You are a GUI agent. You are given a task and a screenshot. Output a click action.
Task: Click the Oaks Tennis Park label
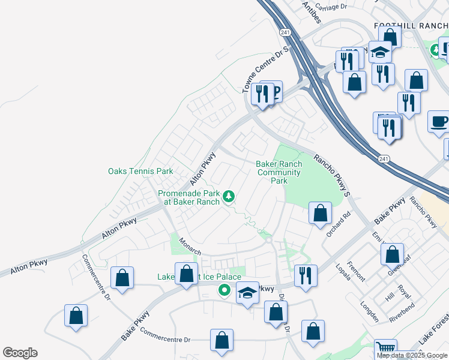(140, 171)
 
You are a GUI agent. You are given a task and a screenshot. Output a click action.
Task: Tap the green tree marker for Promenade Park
(228, 196)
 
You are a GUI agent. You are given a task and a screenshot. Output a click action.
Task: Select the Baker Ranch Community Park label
(278, 172)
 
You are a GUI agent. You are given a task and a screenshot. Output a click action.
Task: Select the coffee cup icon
(439, 121)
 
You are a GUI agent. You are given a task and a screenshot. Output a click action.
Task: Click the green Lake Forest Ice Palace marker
(224, 291)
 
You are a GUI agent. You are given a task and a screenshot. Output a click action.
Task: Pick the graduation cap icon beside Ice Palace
(247, 293)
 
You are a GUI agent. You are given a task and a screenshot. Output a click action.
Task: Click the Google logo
(20, 353)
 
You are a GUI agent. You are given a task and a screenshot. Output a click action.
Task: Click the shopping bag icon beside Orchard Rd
(321, 212)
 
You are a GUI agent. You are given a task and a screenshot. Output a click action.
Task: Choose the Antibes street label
(312, 12)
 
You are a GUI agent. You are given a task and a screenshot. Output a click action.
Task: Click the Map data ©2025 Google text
(411, 355)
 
